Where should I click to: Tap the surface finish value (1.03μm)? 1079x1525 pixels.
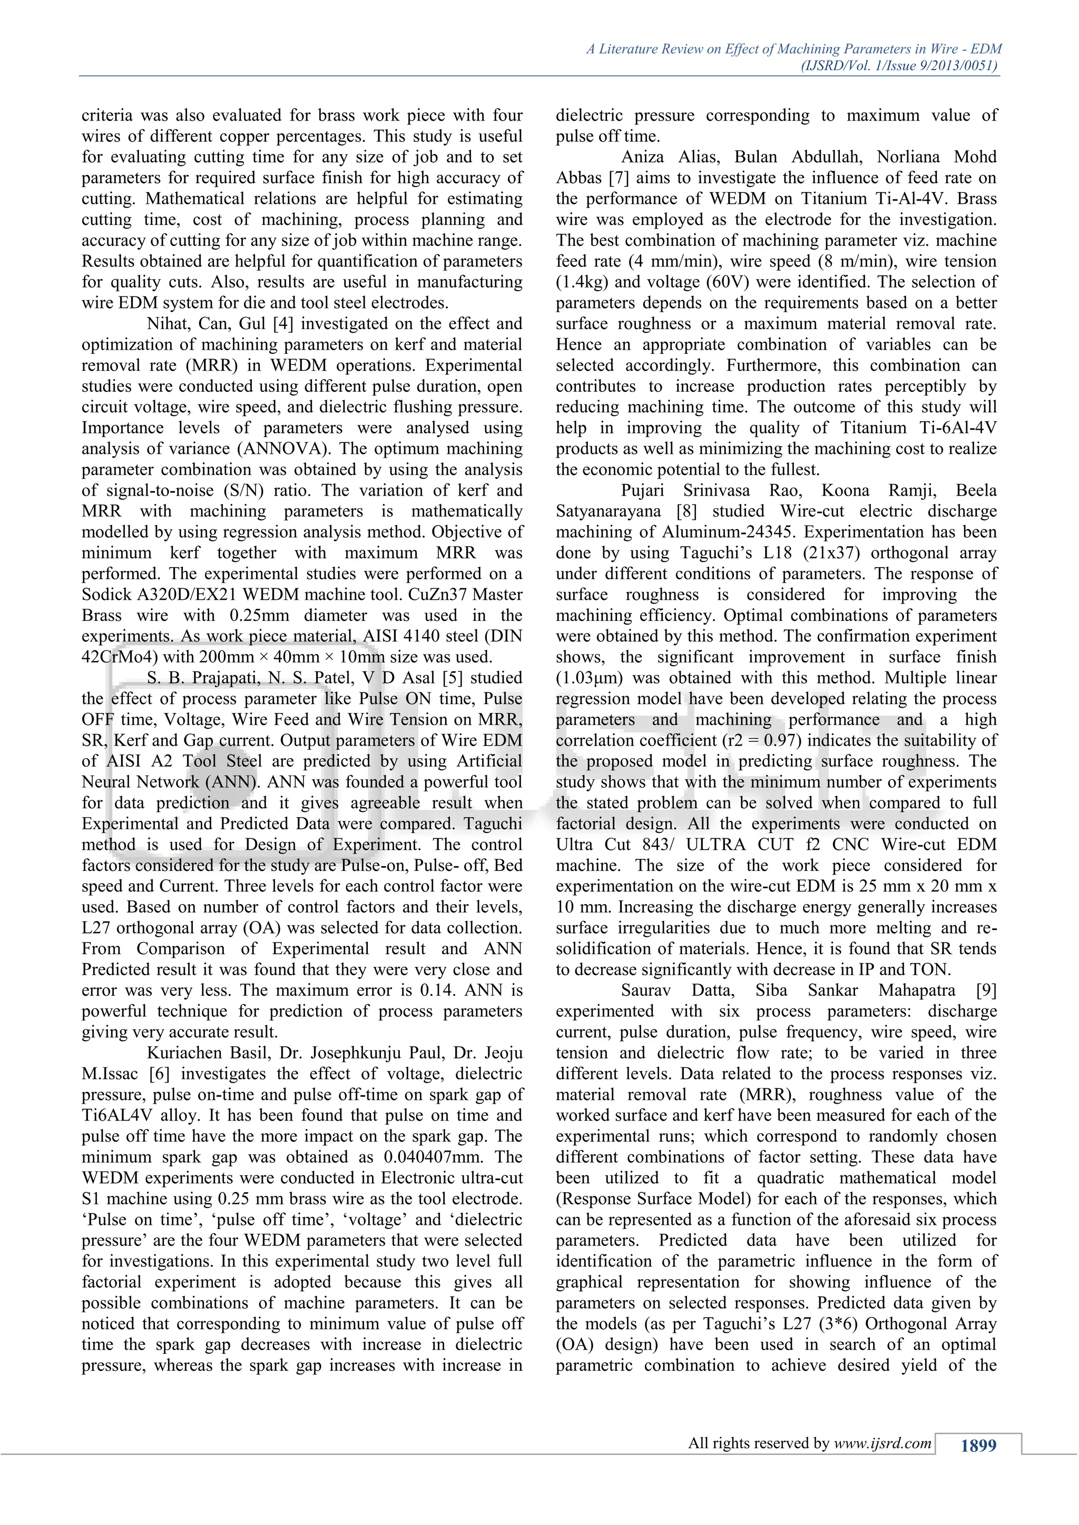click(x=587, y=678)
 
